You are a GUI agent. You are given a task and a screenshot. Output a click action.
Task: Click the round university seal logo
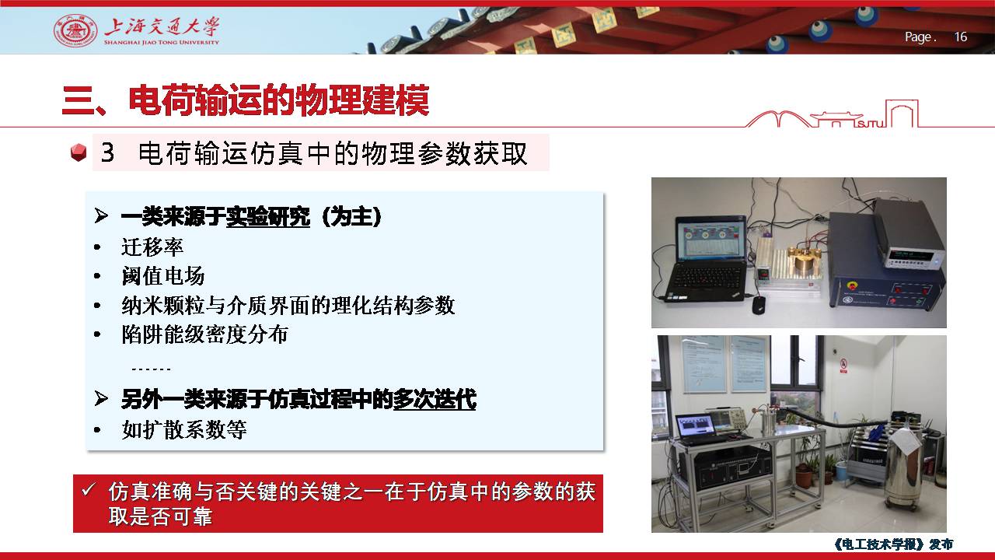click(75, 30)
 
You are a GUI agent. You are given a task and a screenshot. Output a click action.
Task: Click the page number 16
click(960, 37)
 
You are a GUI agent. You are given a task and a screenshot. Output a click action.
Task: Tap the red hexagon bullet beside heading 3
click(79, 152)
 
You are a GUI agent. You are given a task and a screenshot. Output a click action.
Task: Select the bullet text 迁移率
click(152, 247)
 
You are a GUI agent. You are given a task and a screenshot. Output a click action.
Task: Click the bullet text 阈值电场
click(163, 276)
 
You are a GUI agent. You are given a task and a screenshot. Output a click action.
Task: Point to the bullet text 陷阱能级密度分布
click(204, 334)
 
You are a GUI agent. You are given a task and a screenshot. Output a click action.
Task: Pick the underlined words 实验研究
click(268, 217)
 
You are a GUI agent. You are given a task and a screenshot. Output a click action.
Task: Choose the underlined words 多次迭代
click(435, 399)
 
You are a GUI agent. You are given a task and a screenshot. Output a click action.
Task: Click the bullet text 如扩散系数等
click(184, 429)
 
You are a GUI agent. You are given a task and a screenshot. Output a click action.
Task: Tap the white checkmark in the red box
click(88, 490)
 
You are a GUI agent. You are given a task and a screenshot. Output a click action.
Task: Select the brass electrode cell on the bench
click(804, 263)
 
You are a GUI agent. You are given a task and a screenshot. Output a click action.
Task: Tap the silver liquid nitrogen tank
click(906, 467)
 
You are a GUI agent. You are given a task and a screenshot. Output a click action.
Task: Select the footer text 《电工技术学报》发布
click(893, 544)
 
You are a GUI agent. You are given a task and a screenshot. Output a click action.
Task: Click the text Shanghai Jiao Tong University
click(162, 43)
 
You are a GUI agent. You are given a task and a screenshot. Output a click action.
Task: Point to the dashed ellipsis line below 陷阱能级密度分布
click(151, 369)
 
